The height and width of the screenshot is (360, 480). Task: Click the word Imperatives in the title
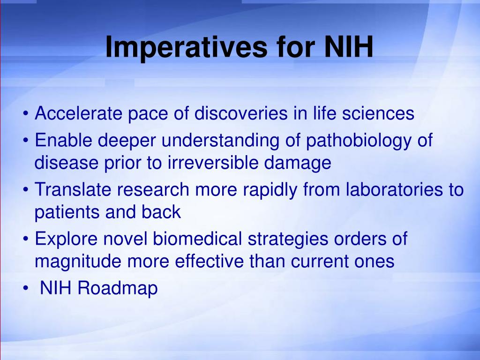click(x=187, y=47)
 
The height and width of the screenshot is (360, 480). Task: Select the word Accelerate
click(x=79, y=113)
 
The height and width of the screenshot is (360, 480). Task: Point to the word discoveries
click(x=241, y=113)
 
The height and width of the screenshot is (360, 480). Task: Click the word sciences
click(x=378, y=113)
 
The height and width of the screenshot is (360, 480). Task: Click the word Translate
click(x=73, y=189)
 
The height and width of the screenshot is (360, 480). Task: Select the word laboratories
click(x=395, y=189)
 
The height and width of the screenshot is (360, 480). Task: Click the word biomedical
click(x=197, y=239)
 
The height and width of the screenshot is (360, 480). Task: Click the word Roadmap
click(x=118, y=289)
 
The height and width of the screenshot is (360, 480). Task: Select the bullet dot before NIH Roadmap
click(x=26, y=288)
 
